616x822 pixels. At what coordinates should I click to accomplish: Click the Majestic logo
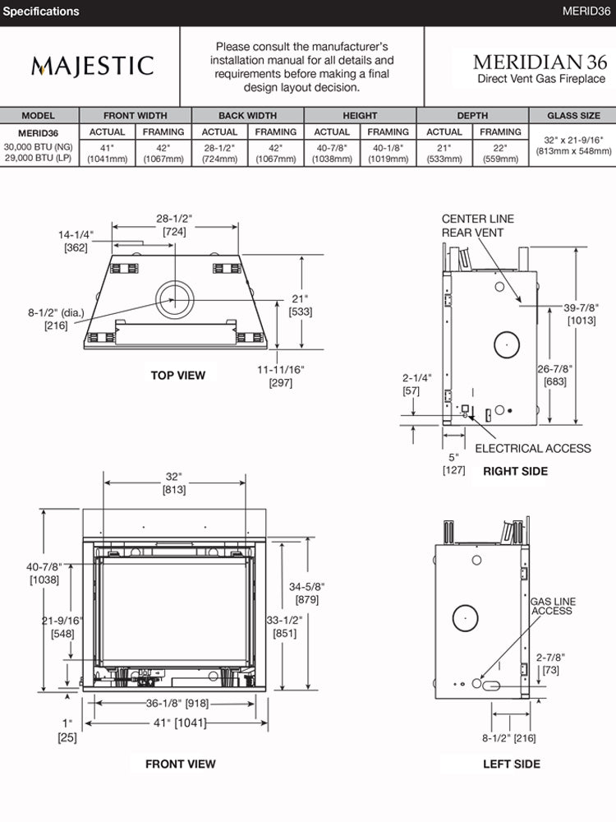tap(92, 66)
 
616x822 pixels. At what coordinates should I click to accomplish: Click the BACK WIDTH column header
tap(247, 116)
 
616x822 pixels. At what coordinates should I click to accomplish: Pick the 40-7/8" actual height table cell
tap(332, 153)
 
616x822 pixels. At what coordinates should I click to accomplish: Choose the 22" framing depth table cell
tap(500, 153)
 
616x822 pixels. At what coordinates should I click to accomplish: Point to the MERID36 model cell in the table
tap(38, 132)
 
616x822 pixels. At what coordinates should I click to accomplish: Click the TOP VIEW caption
tap(178, 376)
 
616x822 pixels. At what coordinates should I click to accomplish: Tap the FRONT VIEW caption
tap(181, 764)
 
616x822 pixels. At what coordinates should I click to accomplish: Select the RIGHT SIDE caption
tap(515, 471)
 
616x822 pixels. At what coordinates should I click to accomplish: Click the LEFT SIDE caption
tap(512, 764)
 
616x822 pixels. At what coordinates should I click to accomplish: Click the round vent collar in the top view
tap(175, 297)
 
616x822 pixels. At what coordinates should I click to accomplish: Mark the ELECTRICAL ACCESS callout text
tap(532, 448)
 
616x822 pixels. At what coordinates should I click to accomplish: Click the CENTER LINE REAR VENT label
tap(477, 225)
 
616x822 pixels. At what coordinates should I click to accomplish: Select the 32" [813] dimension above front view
tap(173, 483)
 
